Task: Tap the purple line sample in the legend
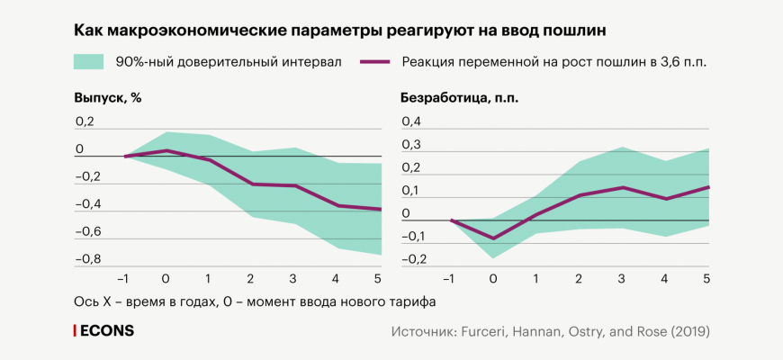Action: click(x=374, y=61)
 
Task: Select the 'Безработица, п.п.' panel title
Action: click(x=459, y=97)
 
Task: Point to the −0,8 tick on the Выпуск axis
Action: click(x=87, y=259)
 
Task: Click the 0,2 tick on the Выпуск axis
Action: click(x=85, y=121)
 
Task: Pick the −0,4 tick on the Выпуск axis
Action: click(x=87, y=204)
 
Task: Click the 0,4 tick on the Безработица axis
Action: click(x=410, y=121)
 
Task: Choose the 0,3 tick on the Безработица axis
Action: click(x=410, y=144)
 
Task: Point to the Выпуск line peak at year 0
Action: click(x=166, y=150)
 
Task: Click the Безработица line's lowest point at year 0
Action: click(x=493, y=238)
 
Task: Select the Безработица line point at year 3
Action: click(x=621, y=187)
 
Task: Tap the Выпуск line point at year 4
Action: click(x=337, y=205)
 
